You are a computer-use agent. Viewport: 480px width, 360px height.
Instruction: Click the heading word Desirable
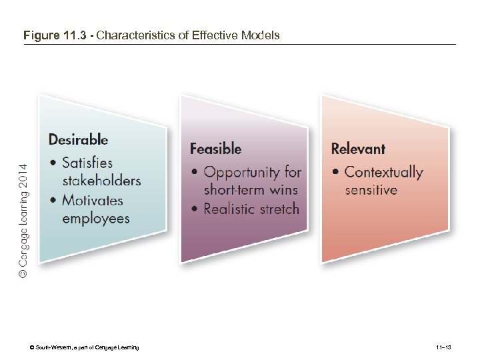click(x=78, y=140)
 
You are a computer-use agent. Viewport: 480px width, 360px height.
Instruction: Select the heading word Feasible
click(x=215, y=149)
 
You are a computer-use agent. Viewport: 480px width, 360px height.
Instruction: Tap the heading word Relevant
click(x=358, y=149)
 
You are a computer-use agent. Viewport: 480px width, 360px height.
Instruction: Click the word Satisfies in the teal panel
click(x=87, y=163)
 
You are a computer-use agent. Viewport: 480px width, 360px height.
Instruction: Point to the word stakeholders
click(x=101, y=180)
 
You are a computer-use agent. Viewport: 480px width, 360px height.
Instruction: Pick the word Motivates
click(x=93, y=200)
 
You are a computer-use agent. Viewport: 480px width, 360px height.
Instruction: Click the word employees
click(x=96, y=218)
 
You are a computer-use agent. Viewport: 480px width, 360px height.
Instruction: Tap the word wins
click(x=283, y=190)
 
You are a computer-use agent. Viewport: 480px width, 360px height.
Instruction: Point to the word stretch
click(x=281, y=209)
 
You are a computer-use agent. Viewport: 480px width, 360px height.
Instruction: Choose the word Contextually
click(x=383, y=173)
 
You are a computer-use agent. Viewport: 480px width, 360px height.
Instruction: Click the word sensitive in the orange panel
click(x=371, y=190)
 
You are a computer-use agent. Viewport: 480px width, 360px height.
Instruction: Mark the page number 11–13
click(x=443, y=347)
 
